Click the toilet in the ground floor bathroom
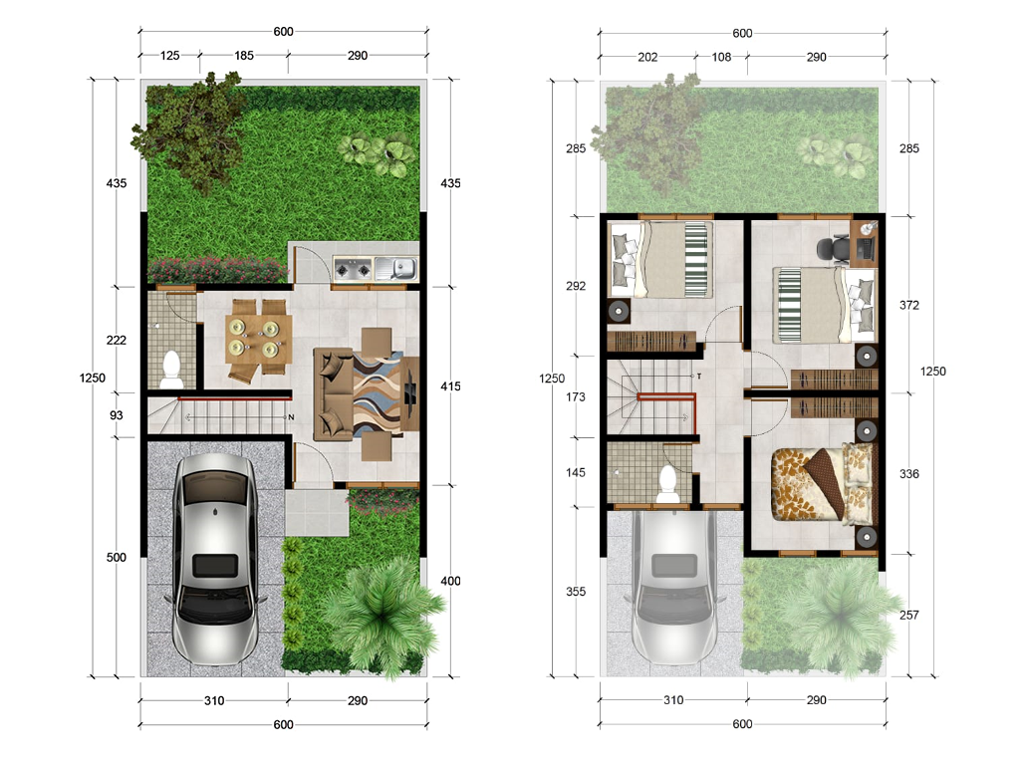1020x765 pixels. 171,369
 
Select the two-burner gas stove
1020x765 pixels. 353,268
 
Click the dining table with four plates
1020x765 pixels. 258,339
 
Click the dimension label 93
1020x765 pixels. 117,415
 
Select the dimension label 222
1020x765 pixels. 117,340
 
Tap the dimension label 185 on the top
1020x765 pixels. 244,56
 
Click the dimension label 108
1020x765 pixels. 721,57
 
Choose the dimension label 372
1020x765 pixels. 909,305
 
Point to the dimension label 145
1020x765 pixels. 576,472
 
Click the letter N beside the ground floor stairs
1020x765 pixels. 292,417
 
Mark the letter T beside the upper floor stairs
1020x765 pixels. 699,376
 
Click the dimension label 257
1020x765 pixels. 909,615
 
